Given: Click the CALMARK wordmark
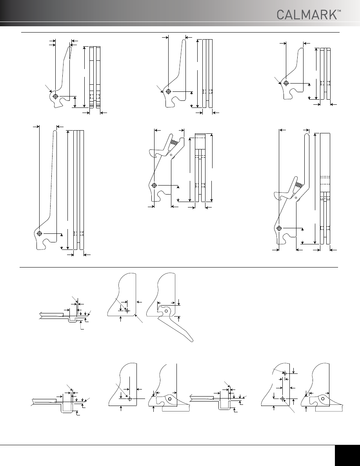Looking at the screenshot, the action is pyautogui.click(x=307, y=15).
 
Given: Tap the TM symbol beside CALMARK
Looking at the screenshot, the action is pyautogui.click(x=339, y=11).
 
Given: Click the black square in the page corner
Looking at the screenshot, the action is pyautogui.click(x=347, y=455).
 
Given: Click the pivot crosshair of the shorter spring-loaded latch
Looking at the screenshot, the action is pyautogui.click(x=154, y=186).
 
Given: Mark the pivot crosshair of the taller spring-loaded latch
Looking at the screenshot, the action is pyautogui.click(x=279, y=228).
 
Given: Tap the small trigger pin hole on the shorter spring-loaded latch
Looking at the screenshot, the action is pyautogui.click(x=171, y=155).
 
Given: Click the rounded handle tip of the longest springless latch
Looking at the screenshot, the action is pyautogui.click(x=55, y=132).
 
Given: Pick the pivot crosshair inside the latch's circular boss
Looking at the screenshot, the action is pyautogui.click(x=55, y=96).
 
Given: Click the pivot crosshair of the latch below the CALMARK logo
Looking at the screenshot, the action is pyautogui.click(x=286, y=83).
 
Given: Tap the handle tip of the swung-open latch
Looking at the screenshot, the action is pyautogui.click(x=192, y=340).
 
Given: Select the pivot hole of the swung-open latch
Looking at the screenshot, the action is pyautogui.click(x=166, y=311).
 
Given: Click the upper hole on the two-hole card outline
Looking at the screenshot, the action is pyautogui.click(x=284, y=373).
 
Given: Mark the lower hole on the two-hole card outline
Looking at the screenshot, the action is pyautogui.click(x=283, y=398).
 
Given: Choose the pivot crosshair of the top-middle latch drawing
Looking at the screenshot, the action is pyautogui.click(x=168, y=91).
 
